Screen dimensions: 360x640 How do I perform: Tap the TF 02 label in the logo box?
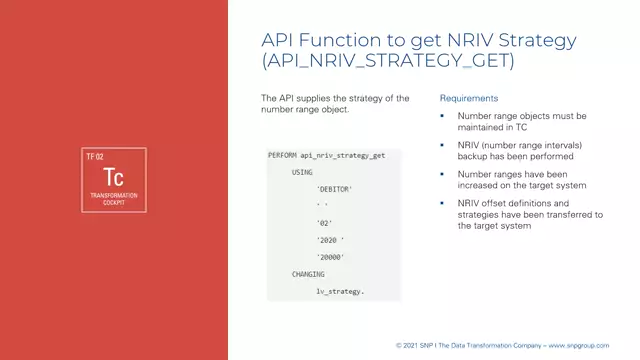(95, 157)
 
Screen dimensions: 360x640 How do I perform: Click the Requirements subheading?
(469, 99)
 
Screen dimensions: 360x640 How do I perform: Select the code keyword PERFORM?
(283, 156)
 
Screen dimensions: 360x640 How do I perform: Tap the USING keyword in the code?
(302, 172)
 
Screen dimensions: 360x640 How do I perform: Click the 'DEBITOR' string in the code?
(334, 189)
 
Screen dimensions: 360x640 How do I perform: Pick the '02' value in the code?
(323, 223)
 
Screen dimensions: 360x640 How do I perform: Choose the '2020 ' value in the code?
(330, 240)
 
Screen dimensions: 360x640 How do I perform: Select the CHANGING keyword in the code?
(308, 273)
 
